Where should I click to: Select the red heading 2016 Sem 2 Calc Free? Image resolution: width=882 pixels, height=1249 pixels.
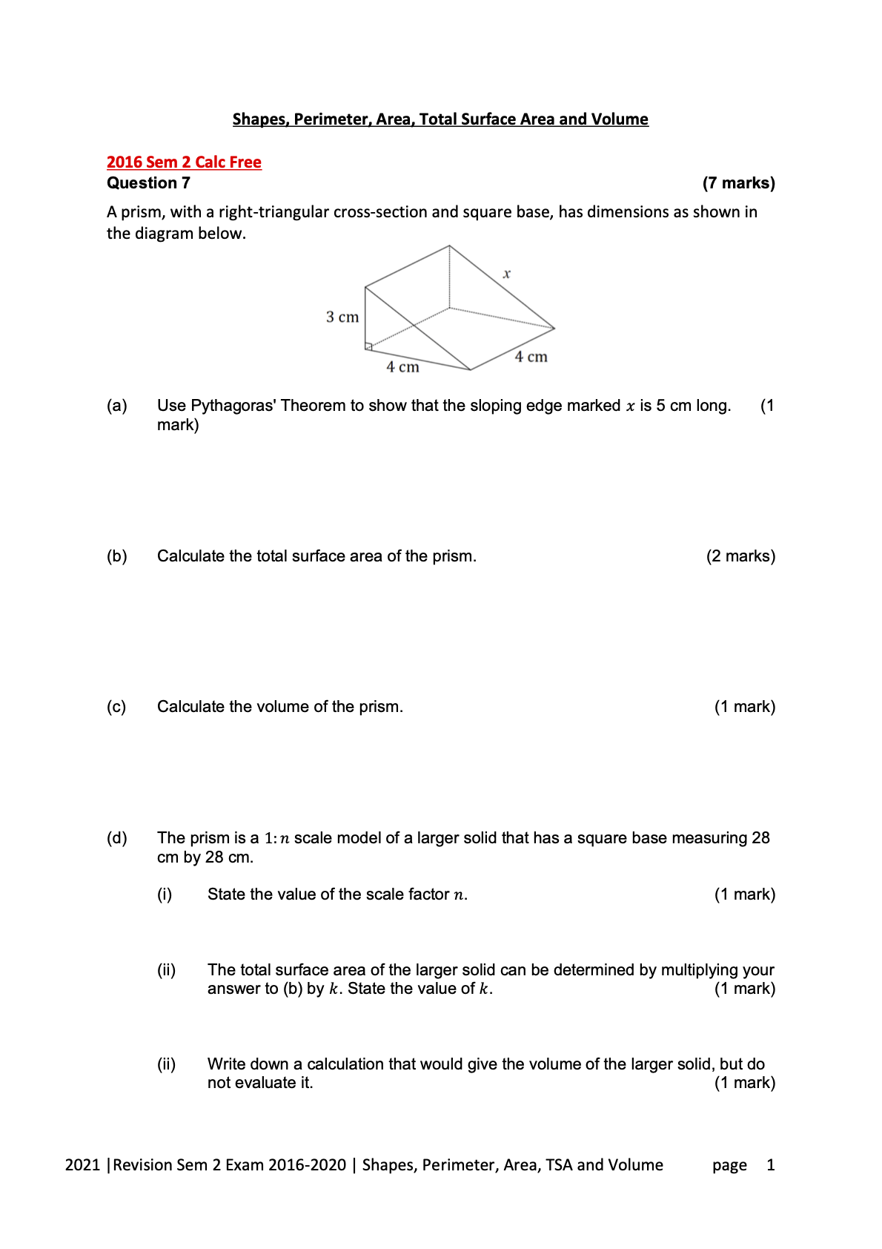coord(184,162)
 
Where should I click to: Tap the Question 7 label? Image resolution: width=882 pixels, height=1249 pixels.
coord(148,183)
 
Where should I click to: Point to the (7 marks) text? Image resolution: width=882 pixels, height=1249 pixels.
coord(738,183)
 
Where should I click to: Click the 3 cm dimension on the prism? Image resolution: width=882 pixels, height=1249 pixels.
coord(342,317)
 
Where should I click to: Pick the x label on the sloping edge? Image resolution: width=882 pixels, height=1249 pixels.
coord(507,274)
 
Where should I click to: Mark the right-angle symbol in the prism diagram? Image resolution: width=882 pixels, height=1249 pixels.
coord(368,346)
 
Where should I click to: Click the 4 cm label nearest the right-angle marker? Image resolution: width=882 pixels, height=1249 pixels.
coord(402,367)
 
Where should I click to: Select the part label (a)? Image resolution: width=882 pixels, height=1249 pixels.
coord(117,406)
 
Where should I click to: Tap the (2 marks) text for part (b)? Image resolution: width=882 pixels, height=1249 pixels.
coord(740,556)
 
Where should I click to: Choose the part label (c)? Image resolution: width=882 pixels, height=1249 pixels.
coord(116,707)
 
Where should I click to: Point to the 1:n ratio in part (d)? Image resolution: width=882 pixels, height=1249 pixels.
coord(276,838)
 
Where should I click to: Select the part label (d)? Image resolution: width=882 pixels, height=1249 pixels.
coord(117,838)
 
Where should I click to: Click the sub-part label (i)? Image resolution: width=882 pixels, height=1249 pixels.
coord(165,894)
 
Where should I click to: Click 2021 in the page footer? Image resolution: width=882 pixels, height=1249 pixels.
coord(82,1165)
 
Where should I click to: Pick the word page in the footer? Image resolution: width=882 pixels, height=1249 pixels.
coord(729,1165)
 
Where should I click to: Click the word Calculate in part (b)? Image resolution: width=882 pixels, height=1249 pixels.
coord(190,556)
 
